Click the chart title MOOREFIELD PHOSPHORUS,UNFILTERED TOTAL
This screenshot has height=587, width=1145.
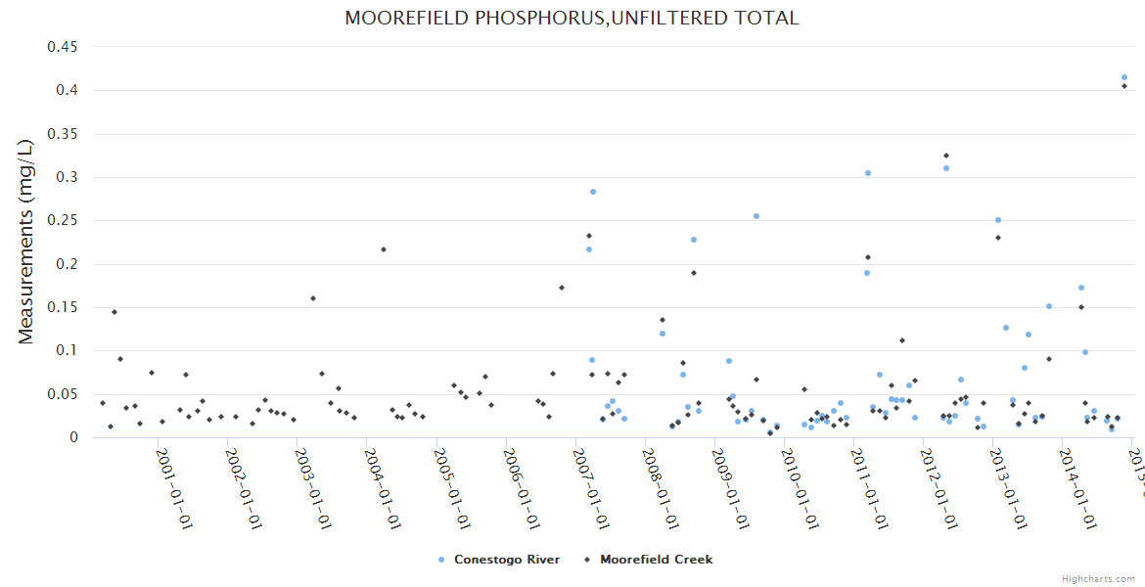(x=572, y=18)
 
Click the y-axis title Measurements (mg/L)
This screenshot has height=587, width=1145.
(x=26, y=241)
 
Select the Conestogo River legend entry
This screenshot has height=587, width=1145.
(x=499, y=560)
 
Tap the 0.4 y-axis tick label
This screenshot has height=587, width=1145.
(x=68, y=90)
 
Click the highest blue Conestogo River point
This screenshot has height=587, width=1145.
(x=1124, y=77)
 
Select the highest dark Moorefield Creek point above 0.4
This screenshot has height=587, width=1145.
(x=1124, y=86)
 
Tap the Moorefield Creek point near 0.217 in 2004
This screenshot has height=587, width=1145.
(x=384, y=249)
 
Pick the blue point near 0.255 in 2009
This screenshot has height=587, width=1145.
(x=756, y=216)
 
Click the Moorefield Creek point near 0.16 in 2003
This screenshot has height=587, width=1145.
(x=313, y=298)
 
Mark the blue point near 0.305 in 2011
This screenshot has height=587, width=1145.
(x=867, y=173)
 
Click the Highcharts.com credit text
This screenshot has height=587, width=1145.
(x=1098, y=579)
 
